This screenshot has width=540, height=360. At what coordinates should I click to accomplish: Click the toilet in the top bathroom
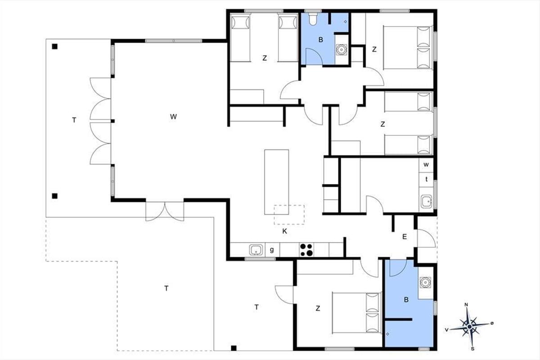tap(313, 19)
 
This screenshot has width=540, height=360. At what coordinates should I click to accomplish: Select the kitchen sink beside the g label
tap(256, 250)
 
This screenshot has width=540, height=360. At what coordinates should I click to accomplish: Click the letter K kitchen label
tap(285, 231)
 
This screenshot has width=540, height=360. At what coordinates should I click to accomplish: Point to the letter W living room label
tap(173, 117)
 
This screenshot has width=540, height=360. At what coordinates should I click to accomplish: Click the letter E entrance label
tap(405, 237)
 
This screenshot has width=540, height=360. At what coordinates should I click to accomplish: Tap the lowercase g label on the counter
tap(272, 250)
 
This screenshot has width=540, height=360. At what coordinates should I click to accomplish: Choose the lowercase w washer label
tap(426, 165)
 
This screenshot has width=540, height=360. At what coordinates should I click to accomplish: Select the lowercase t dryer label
tap(427, 179)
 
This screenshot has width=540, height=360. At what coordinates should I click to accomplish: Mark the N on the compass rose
tap(466, 305)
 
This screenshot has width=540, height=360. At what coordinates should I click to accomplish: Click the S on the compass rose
tap(473, 349)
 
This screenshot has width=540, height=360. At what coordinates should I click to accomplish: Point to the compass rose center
tap(469, 327)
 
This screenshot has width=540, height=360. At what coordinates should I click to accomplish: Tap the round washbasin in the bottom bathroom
tap(424, 282)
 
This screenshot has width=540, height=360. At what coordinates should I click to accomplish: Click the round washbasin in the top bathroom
tap(341, 49)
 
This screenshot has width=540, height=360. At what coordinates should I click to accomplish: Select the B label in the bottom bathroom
tap(406, 300)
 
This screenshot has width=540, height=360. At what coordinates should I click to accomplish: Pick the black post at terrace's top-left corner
tap(55, 46)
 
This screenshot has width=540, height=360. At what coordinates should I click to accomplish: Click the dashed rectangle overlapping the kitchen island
tap(289, 215)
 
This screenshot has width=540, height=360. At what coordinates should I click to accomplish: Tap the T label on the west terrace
tap(74, 120)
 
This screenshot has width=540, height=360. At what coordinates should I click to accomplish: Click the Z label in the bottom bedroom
tap(318, 308)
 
